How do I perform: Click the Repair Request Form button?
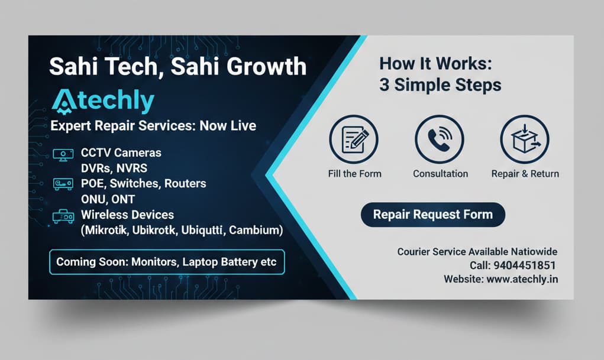tap(433, 215)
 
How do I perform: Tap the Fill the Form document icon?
tap(354, 140)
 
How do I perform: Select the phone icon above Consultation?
tap(440, 140)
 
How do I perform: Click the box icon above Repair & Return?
tap(525, 140)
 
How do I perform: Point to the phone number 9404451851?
tap(524, 265)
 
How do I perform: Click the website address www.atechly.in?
tap(522, 279)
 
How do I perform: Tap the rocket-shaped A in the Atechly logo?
tap(64, 102)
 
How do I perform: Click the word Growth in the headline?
tap(266, 66)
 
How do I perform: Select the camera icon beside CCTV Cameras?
tap(63, 155)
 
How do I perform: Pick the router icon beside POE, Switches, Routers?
tap(63, 184)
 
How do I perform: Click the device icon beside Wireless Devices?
tap(63, 216)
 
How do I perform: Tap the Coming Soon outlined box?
tap(167, 262)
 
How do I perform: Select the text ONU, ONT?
tap(108, 199)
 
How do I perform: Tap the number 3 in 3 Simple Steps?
tap(384, 85)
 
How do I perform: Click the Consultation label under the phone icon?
tap(440, 174)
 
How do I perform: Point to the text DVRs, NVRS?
tap(114, 168)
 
